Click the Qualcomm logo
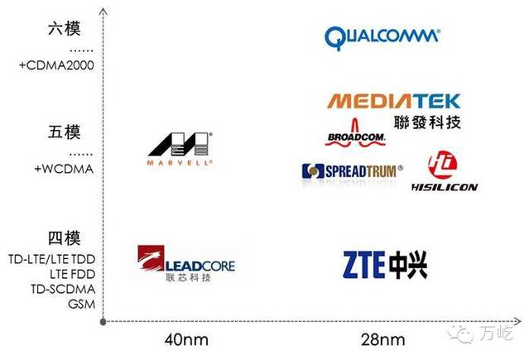[x=382, y=36]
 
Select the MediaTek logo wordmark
[x=393, y=102]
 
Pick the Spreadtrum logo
[x=352, y=170]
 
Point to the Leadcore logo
[x=187, y=264]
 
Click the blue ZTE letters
[x=363, y=263]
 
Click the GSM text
[x=81, y=303]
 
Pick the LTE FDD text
[x=72, y=273]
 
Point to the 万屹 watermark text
[x=496, y=334]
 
